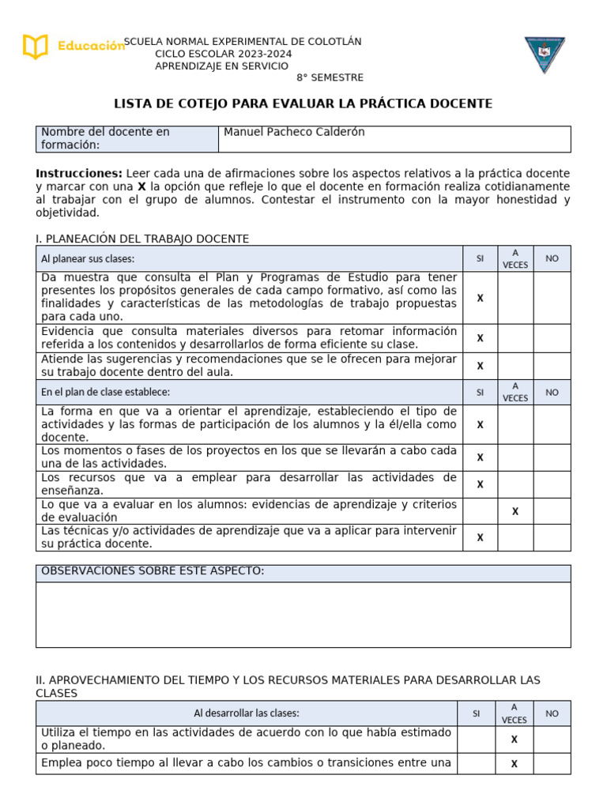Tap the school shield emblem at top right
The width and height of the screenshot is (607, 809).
(x=545, y=55)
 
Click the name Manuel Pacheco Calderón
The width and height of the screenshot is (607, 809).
(x=294, y=132)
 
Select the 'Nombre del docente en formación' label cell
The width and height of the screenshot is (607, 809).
(x=126, y=138)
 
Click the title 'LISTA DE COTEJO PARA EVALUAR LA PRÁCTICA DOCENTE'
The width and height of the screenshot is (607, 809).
(x=303, y=103)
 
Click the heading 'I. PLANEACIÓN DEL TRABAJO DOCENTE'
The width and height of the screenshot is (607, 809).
(x=142, y=239)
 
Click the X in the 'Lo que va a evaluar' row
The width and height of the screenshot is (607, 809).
(x=515, y=511)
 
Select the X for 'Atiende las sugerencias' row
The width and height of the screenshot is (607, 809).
(x=480, y=366)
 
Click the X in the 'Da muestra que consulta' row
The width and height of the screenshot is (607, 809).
(x=480, y=298)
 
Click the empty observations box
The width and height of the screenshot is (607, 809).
(x=303, y=615)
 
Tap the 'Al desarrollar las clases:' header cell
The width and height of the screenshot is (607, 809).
(x=247, y=713)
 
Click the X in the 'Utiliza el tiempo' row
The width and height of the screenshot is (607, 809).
(x=515, y=739)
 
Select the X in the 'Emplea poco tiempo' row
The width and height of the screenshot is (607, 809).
(x=515, y=764)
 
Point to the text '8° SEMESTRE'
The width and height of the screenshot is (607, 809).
(x=330, y=77)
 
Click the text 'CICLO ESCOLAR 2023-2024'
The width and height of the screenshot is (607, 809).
(x=223, y=54)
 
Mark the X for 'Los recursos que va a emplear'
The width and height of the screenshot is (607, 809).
(x=480, y=484)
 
